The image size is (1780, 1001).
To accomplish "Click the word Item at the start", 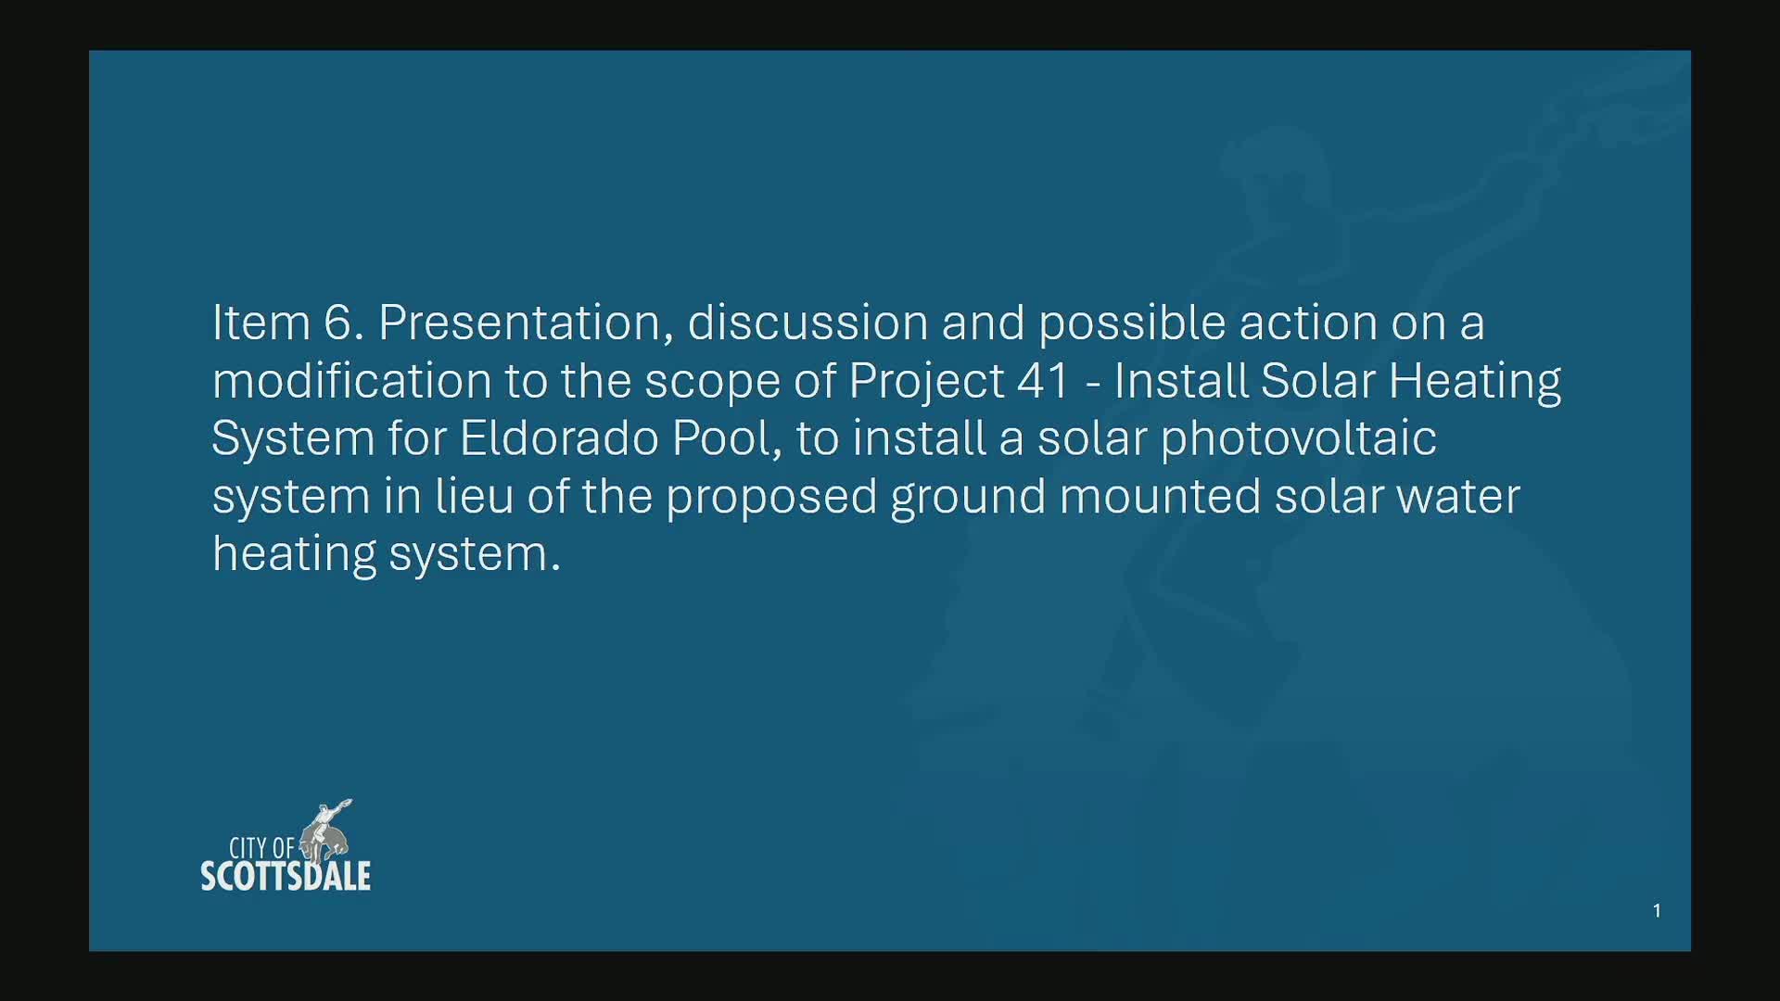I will (x=261, y=323).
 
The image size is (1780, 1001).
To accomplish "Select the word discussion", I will (x=807, y=323).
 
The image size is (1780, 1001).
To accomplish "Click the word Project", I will (x=926, y=382).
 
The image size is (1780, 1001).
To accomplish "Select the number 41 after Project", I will (x=1043, y=380).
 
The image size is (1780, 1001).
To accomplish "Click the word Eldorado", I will (x=559, y=437).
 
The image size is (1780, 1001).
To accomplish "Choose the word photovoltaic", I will (x=1298, y=439).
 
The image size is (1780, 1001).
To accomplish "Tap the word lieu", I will (x=474, y=496).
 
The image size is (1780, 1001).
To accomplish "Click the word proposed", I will (x=770, y=498).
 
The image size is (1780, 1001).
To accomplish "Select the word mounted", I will (x=1160, y=496).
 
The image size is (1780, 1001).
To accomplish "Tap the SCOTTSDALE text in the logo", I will (x=286, y=877).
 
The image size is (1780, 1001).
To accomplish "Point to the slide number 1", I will (x=1657, y=910).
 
